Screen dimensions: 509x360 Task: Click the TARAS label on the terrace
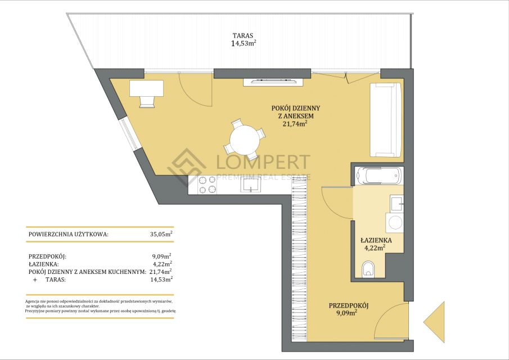pos(243,35)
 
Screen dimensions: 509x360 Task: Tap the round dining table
pos(245,140)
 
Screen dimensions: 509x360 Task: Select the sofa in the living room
pos(386,120)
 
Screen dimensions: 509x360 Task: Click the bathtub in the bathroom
pos(379,175)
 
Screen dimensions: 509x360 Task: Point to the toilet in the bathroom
pos(368,269)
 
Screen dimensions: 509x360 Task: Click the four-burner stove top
pos(207,184)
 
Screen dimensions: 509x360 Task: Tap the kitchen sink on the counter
pos(251,184)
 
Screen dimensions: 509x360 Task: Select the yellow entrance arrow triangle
pos(434,322)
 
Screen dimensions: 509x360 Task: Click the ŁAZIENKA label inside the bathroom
pos(376,241)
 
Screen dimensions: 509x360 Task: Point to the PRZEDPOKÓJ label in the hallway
pos(349,305)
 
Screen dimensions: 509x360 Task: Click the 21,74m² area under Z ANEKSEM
pos(295,123)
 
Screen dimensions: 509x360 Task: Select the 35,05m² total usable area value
pos(161,234)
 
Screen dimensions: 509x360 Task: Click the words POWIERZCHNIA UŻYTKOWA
pos(69,234)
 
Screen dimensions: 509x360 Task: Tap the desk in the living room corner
pos(146,88)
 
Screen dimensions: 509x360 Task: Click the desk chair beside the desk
pos(147,102)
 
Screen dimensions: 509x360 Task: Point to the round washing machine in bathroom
pos(395,223)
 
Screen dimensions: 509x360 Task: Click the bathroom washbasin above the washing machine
pos(397,203)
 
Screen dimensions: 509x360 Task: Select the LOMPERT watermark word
pos(263,162)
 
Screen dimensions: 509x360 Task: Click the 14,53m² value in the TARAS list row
pos(161,279)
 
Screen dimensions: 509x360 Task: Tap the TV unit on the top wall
pos(273,82)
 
